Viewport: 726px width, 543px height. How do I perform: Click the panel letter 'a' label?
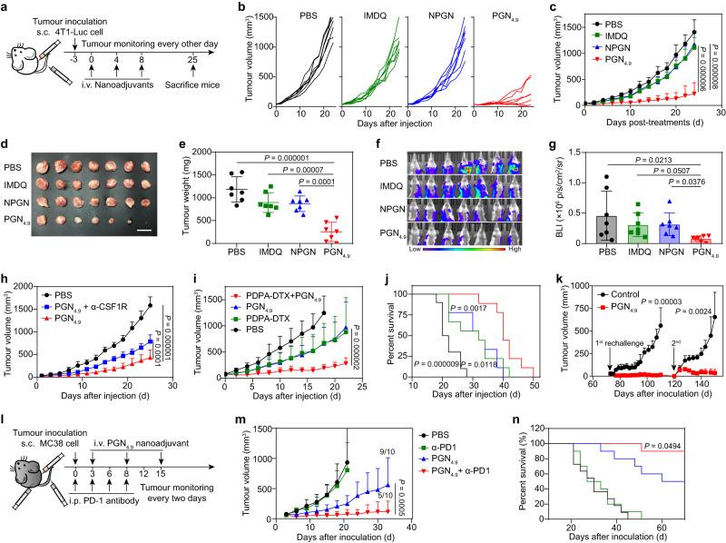click(7, 8)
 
